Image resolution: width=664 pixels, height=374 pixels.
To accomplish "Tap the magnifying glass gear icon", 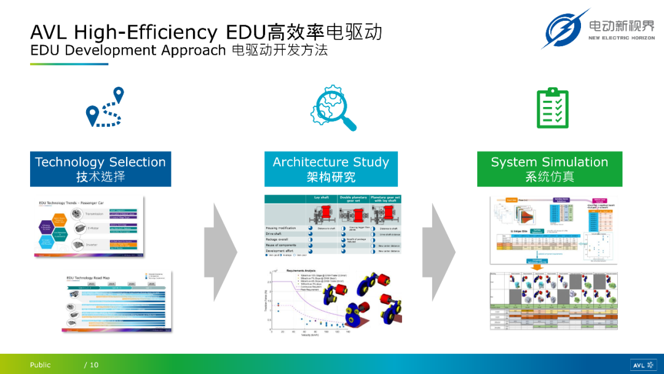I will point(333,109).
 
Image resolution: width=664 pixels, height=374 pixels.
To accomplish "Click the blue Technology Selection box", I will point(100,169).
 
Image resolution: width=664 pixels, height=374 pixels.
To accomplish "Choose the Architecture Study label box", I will point(331,169).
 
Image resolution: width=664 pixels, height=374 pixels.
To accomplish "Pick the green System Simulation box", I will point(549,169).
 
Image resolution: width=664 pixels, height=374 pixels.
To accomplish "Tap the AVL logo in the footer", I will point(642,365).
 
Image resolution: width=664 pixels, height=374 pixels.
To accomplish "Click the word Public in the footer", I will point(41,365).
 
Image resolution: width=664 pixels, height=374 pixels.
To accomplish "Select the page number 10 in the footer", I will point(93,365).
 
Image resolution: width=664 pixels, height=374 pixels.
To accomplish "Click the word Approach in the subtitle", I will point(196,50).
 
